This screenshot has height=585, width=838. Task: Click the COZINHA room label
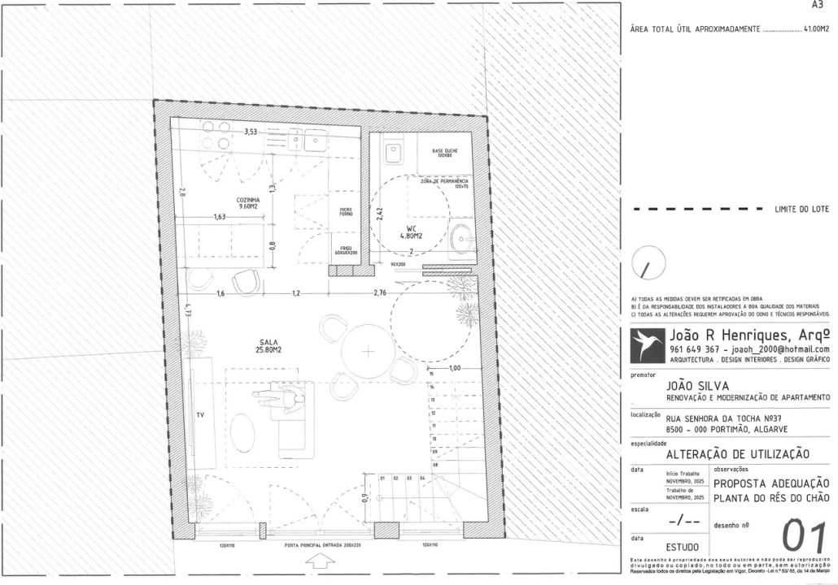(248, 202)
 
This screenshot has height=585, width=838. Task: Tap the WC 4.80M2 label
(411, 232)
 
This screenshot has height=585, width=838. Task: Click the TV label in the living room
(200, 415)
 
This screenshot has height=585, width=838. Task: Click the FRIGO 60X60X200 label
(345, 252)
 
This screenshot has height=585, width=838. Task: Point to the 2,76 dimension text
(380, 292)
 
